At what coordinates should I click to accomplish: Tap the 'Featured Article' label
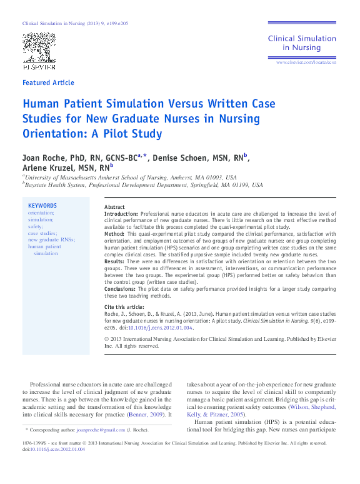48,83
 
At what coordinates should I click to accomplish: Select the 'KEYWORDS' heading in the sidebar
42,206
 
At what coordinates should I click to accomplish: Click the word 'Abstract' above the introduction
114,207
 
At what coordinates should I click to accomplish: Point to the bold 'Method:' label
115,234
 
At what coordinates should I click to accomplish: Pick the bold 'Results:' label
115,261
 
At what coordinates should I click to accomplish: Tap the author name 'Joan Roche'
42,157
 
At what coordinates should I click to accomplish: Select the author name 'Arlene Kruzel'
47,168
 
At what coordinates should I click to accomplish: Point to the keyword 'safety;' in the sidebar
37,226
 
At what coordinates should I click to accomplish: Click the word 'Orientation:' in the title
54,133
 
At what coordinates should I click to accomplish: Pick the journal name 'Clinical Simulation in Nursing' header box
302,43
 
